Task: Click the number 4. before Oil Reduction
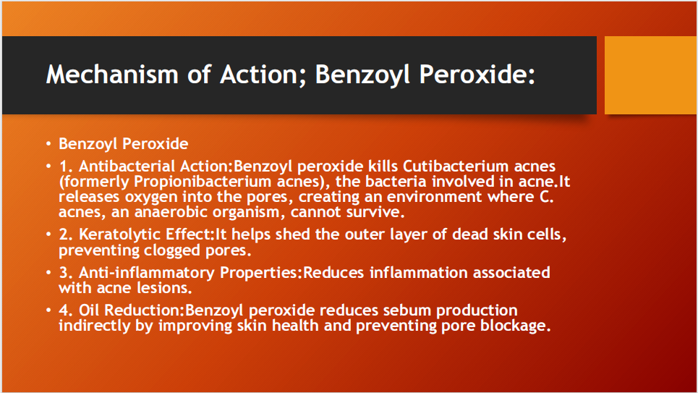[66, 310]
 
